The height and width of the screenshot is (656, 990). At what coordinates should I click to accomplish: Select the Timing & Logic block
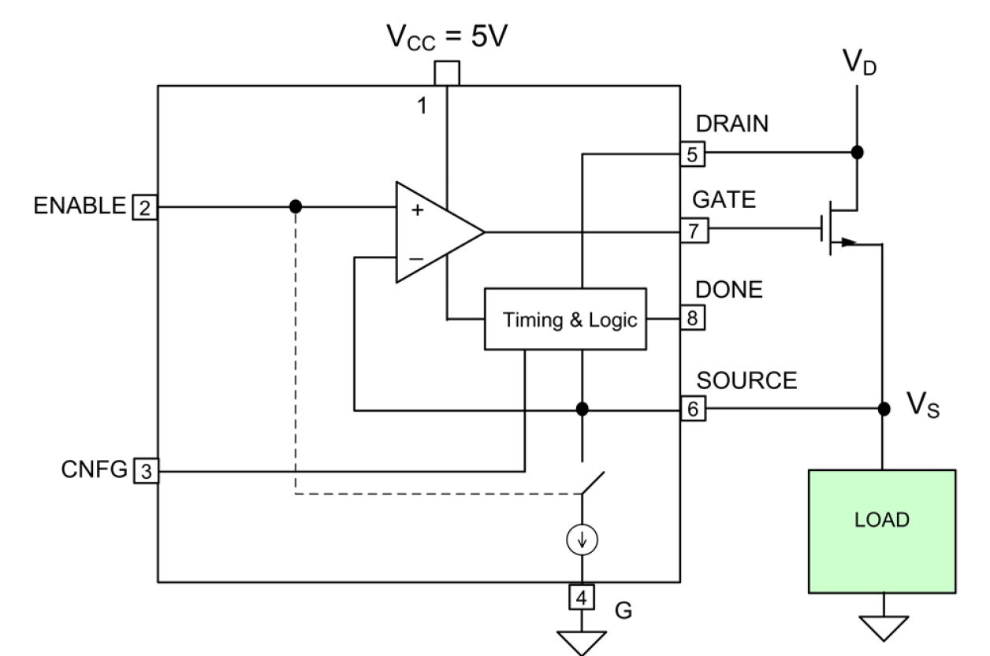coord(564,320)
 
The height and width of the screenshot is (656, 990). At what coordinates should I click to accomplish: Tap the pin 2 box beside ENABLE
coord(146,208)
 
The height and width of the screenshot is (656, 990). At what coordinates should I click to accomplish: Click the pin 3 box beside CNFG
coord(146,472)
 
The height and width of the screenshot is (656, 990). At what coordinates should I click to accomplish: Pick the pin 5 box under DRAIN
coord(693,154)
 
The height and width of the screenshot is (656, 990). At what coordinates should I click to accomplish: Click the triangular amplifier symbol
coord(434,232)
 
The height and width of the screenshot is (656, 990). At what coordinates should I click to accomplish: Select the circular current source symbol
coord(582,540)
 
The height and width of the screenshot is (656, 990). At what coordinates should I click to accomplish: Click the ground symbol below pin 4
coord(582,640)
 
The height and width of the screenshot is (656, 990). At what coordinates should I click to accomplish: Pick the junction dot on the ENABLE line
coord(295,206)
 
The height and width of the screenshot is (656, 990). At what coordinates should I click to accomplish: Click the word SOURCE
coord(747,382)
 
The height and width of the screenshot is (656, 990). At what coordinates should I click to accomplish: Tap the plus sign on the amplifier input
coord(418,211)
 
